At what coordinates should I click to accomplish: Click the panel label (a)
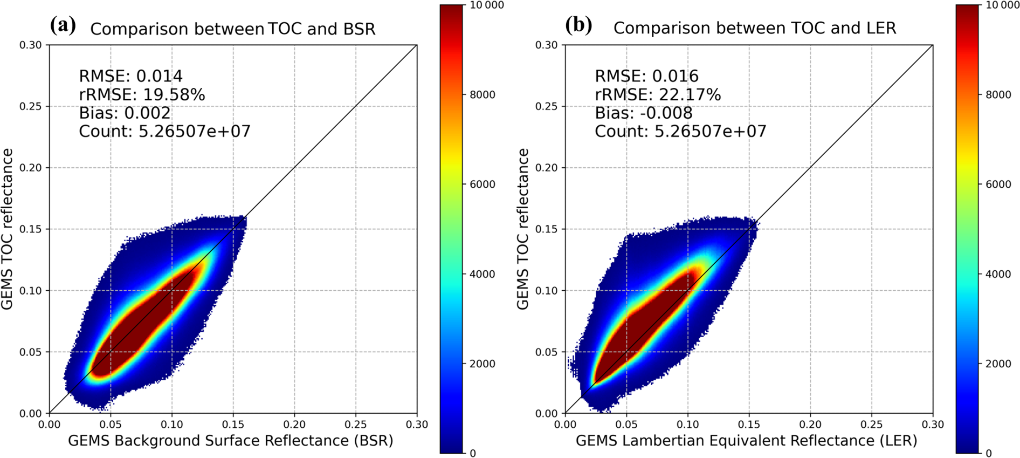63,25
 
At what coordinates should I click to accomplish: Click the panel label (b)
578,25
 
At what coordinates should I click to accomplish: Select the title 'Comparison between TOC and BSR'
232,29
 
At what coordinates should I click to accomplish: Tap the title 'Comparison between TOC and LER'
754,28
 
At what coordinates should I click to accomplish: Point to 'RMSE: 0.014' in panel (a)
130,76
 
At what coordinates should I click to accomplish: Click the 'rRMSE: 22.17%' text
657,95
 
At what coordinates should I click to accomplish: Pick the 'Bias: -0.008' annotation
643,113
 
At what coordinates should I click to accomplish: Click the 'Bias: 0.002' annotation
125,113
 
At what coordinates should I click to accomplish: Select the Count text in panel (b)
680,132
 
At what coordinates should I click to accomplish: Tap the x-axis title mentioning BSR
230,441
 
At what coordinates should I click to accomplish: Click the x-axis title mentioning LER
746,441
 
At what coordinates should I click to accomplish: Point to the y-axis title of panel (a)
7,229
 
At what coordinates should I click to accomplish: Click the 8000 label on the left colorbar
483,95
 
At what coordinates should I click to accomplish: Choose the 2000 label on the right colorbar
998,364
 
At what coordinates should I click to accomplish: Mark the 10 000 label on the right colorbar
1002,5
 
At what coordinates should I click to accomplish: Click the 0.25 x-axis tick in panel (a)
355,425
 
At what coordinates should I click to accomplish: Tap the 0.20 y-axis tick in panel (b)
546,168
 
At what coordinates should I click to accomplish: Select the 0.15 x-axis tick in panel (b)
749,425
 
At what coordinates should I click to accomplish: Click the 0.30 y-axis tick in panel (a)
31,45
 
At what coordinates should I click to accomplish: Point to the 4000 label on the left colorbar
483,274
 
